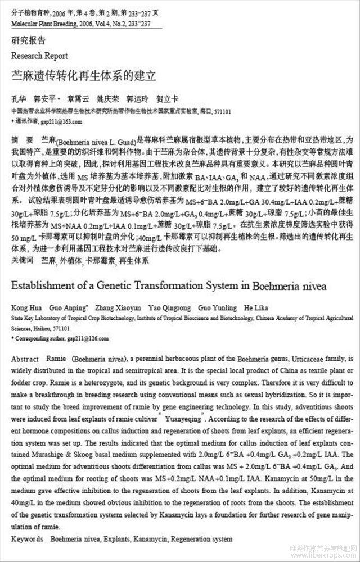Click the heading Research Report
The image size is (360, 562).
pyautogui.click(x=39, y=56)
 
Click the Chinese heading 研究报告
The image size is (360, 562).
pyautogui.click(x=29, y=41)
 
